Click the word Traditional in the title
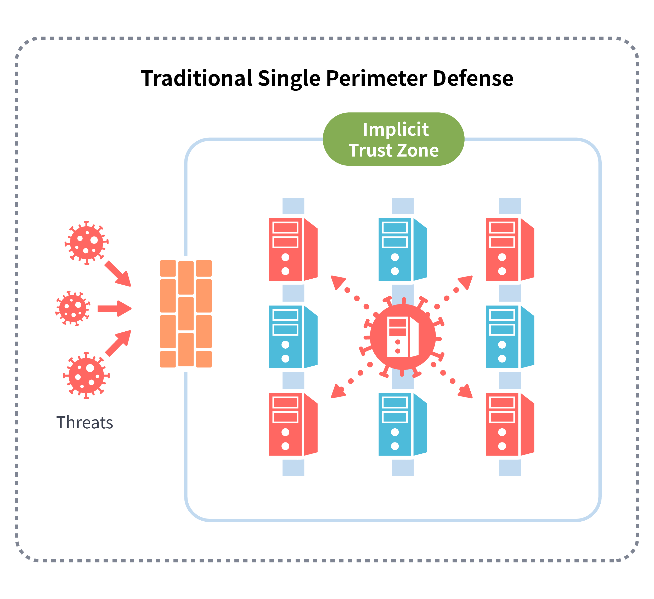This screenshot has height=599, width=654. pyautogui.click(x=196, y=78)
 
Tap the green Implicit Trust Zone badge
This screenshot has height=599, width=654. pyautogui.click(x=393, y=139)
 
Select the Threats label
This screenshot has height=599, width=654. pyautogui.click(x=85, y=423)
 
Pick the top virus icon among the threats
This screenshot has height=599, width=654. pyautogui.click(x=87, y=243)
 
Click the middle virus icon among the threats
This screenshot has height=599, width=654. pyautogui.click(x=73, y=308)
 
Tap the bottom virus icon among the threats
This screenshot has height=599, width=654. pyautogui.click(x=86, y=376)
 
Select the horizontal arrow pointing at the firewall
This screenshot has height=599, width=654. pyautogui.click(x=115, y=308)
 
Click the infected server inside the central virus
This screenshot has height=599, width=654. pyautogui.click(x=403, y=337)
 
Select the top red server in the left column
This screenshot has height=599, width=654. pyautogui.click(x=293, y=249)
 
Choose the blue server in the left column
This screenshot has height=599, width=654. pyautogui.click(x=293, y=337)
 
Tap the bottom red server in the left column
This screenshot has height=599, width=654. pyautogui.click(x=293, y=424)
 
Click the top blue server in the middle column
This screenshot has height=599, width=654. pyautogui.click(x=403, y=249)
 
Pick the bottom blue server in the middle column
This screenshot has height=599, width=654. pyautogui.click(x=403, y=424)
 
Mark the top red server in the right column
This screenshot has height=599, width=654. pyautogui.click(x=510, y=249)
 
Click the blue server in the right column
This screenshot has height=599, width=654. pyautogui.click(x=510, y=337)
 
